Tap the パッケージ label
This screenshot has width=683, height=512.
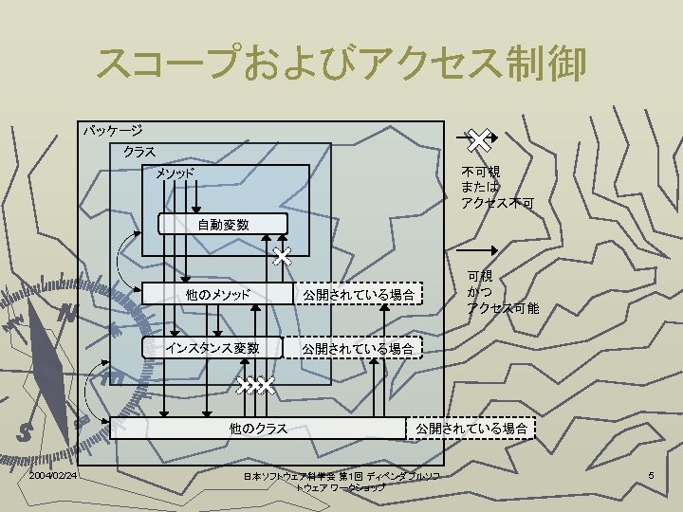112,130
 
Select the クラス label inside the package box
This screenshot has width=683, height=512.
138,152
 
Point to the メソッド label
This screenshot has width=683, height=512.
175,174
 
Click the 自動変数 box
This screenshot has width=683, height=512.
223,225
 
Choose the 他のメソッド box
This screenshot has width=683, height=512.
217,295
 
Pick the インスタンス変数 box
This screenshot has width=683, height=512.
212,348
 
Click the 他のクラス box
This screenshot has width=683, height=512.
258,429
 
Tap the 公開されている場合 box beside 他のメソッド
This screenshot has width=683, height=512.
358,295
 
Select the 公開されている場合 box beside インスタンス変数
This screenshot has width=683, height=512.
358,349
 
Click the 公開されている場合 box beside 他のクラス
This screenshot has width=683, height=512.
471,429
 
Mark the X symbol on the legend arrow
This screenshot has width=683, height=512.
480,139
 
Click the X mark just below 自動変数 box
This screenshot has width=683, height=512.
282,256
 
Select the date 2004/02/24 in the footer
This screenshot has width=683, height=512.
53,474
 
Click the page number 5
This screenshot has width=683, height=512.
652,474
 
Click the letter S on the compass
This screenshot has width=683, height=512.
26,431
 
